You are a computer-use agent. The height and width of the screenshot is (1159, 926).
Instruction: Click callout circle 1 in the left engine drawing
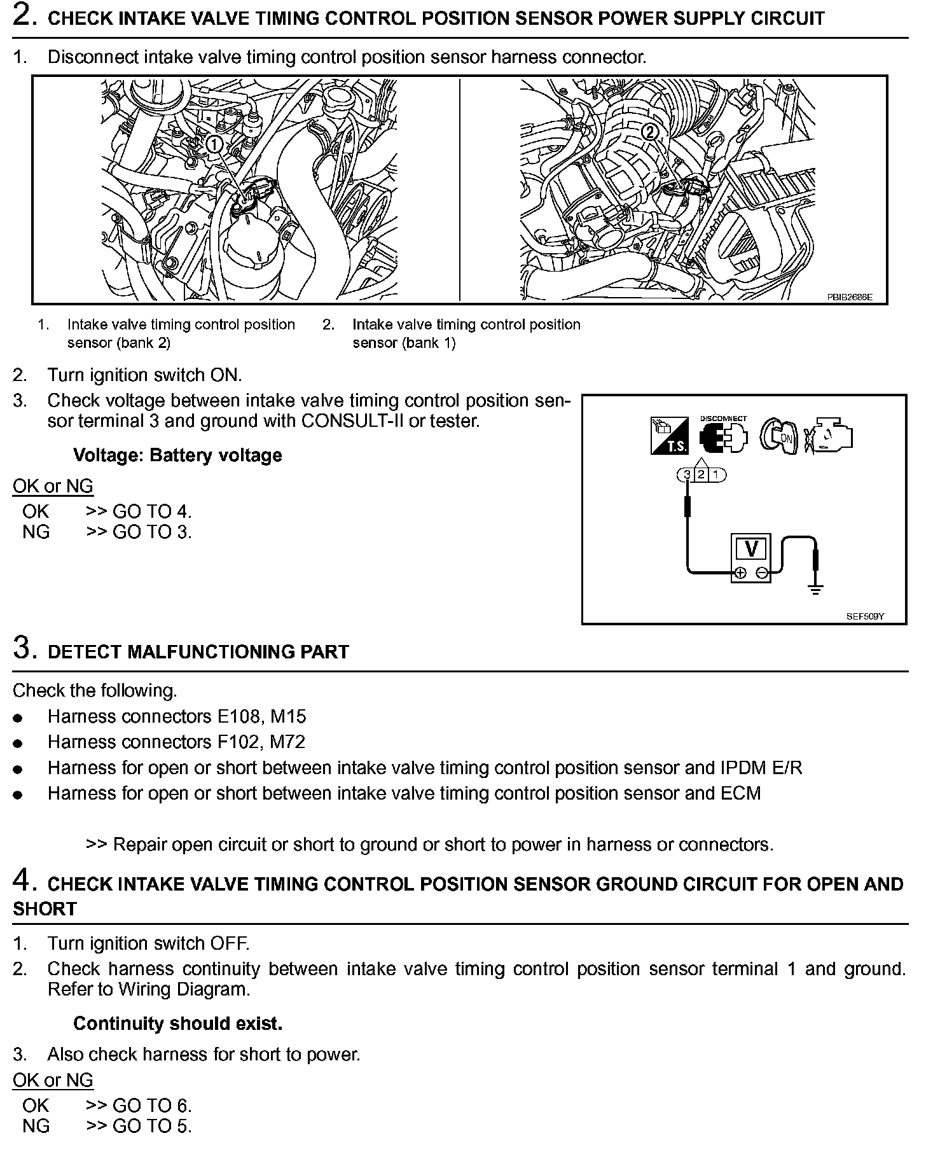point(215,144)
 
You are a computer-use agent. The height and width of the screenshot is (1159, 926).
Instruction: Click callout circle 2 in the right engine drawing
point(650,132)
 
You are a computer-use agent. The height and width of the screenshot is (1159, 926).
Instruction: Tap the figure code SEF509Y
point(865,616)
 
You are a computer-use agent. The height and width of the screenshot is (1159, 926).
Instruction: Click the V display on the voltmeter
point(751,549)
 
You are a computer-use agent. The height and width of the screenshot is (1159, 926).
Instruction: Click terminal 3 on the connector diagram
point(687,474)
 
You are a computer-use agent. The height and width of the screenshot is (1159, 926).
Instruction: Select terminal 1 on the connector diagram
point(716,474)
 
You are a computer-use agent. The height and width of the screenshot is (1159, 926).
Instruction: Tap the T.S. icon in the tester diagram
point(669,436)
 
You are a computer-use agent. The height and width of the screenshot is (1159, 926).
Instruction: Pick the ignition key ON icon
point(780,436)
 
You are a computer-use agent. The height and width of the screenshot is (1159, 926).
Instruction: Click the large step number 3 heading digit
point(22,648)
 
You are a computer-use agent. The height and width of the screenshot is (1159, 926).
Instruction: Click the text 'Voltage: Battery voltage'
point(177,455)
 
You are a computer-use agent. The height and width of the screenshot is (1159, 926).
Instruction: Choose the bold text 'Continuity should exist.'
point(177,1024)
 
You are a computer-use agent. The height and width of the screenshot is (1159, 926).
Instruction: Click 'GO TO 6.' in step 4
point(152,1106)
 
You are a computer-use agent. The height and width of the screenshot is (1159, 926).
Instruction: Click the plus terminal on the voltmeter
point(740,574)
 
